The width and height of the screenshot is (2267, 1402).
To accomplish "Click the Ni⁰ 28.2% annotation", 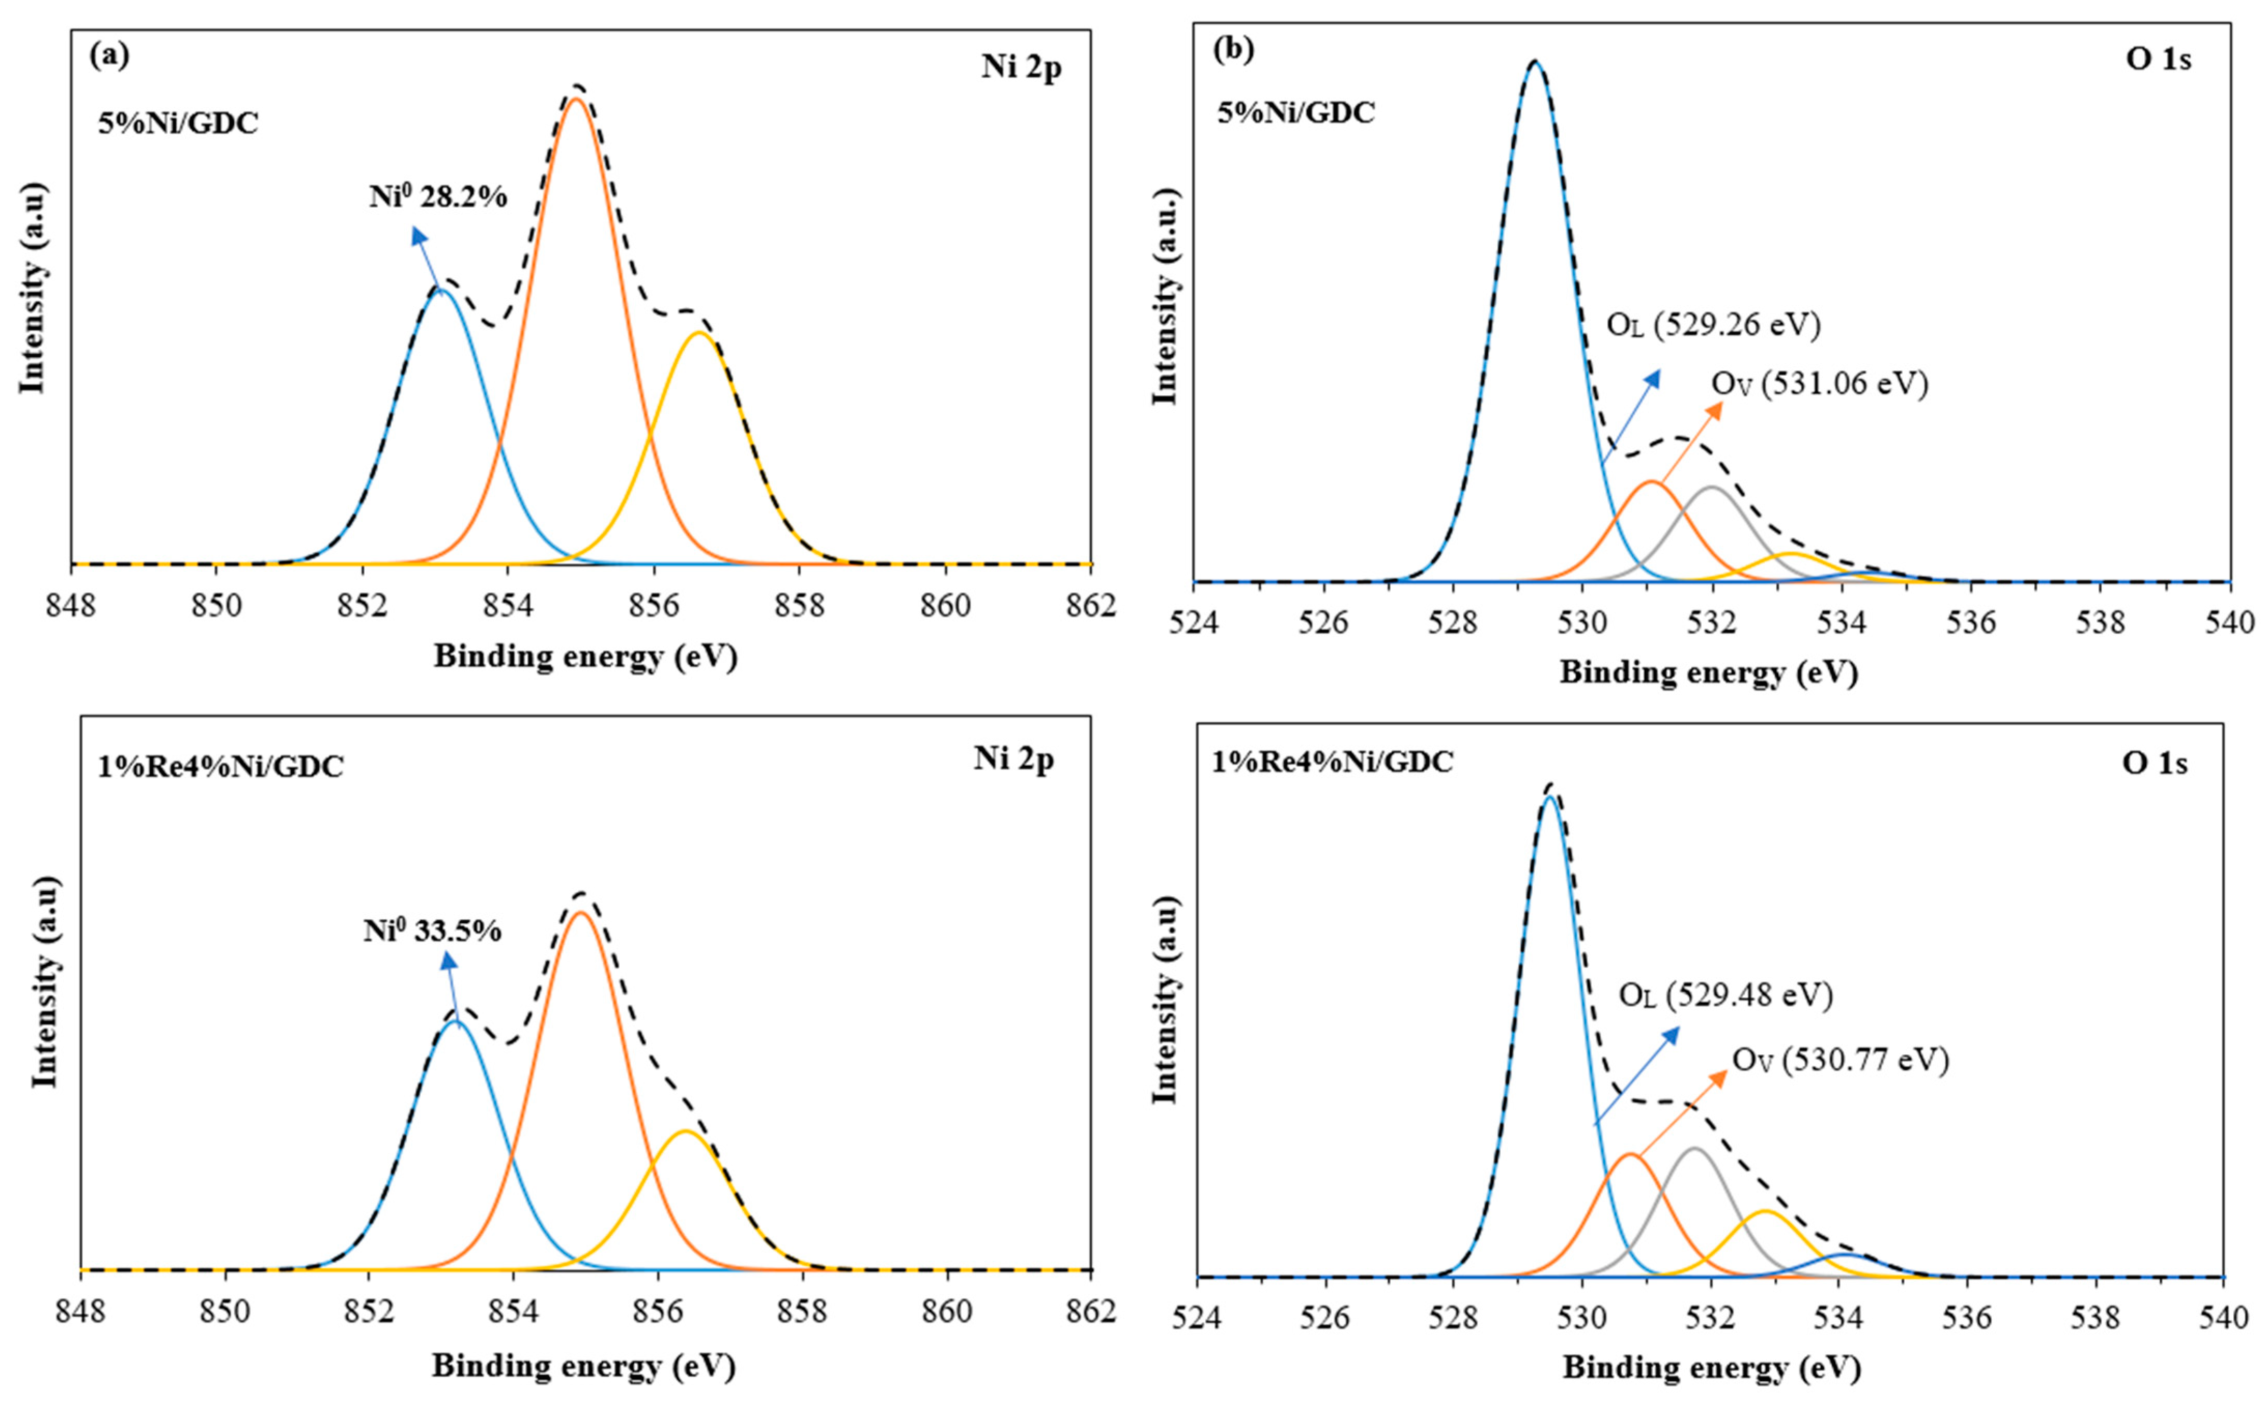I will point(438,197).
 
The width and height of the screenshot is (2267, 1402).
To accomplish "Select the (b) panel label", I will point(1233,49).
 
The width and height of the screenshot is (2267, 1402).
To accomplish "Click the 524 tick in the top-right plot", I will point(1195,622).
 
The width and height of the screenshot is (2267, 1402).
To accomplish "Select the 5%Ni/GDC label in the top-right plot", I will point(1295,113).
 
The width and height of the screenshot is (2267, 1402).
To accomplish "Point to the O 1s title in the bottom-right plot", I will point(2154,763).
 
